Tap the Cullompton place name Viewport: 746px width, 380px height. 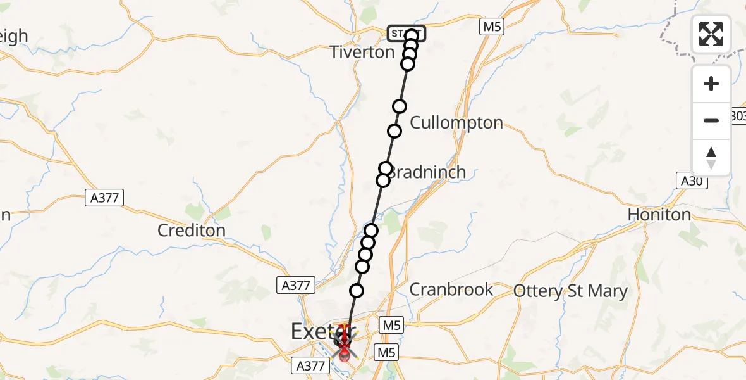456,122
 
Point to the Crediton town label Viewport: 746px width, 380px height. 192,231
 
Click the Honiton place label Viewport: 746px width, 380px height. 659,215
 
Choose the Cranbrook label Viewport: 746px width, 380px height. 451,289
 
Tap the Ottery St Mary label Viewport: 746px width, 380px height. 571,291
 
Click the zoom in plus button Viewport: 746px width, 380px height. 711,84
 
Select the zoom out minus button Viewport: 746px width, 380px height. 711,120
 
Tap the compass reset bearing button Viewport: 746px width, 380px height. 711,157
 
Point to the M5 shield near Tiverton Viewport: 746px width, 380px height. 492,27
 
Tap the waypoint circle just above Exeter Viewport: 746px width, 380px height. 357,291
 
